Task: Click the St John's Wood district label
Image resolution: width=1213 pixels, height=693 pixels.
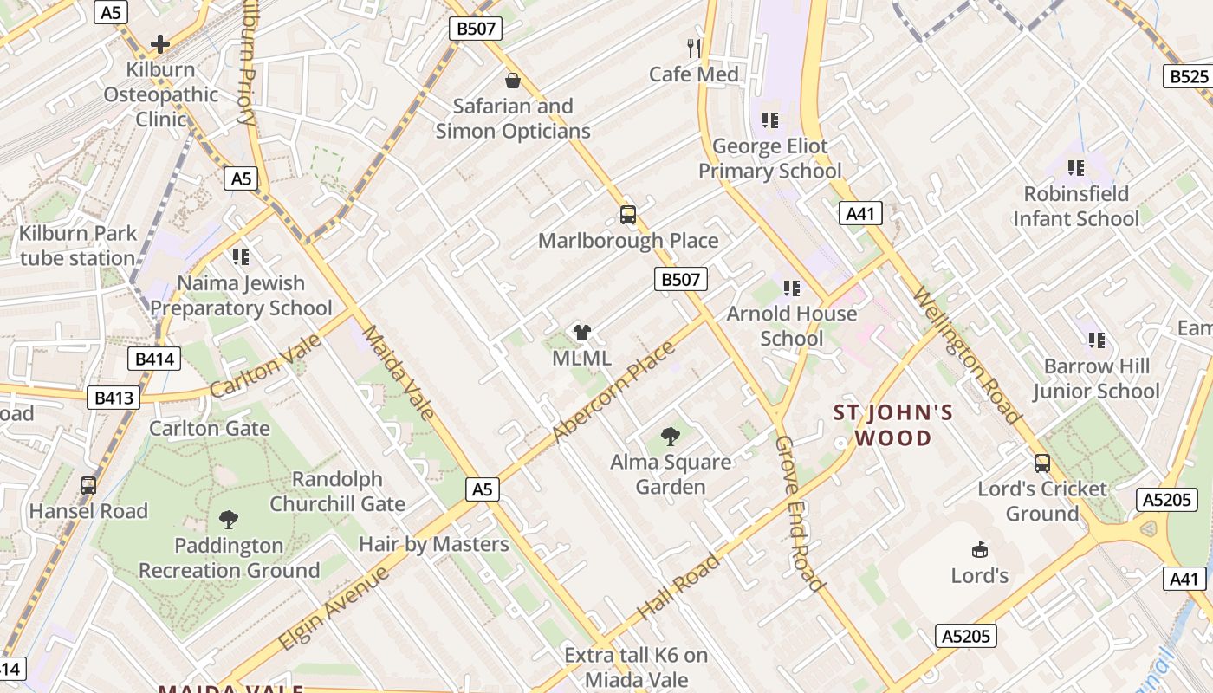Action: pos(893,424)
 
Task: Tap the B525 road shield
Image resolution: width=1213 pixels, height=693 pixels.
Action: pos(1189,76)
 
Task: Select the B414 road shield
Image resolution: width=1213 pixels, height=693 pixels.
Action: pos(155,359)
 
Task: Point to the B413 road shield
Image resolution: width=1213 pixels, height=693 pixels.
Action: pos(114,398)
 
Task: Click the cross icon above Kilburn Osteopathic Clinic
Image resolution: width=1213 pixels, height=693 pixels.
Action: pos(160,43)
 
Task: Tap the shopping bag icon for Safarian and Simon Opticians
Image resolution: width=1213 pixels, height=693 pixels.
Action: pos(513,81)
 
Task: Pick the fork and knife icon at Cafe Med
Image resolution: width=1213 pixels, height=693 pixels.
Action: pos(694,48)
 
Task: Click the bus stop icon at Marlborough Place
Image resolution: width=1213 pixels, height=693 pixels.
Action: pos(628,214)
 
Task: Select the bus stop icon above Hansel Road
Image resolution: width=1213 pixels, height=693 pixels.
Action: pos(88,485)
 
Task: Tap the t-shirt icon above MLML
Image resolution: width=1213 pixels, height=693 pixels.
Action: pos(581,332)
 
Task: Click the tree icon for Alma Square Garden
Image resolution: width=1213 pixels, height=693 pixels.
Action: pos(670,436)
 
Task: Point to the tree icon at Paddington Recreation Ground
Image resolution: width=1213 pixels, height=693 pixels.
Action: pos(229,519)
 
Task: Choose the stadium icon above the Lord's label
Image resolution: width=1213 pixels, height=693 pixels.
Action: pos(980,549)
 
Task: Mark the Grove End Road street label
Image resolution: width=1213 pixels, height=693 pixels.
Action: pos(798,513)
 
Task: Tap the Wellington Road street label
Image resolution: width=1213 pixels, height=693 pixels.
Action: pos(967,356)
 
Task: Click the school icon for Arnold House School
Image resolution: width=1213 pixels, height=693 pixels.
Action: pos(791,288)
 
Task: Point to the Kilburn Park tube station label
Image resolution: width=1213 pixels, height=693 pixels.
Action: pos(78,245)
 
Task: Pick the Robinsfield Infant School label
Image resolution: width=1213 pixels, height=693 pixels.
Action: pos(1076,205)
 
